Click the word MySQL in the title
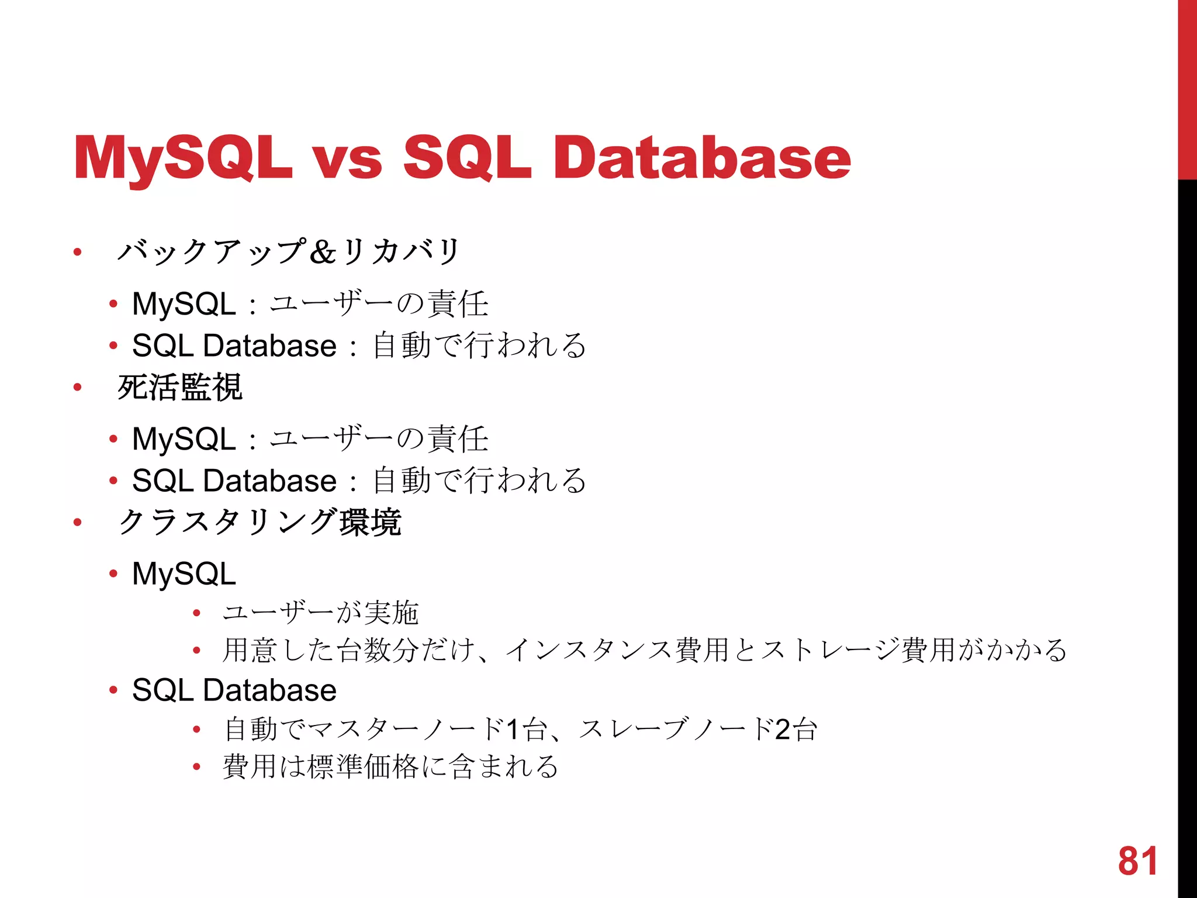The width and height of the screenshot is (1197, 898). coord(182,158)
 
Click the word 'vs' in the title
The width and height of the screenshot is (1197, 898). coord(347,159)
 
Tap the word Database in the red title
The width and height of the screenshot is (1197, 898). coord(701,158)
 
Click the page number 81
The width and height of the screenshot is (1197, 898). coord(1137,861)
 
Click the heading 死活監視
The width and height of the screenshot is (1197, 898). coord(180,387)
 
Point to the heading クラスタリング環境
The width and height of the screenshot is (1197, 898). coord(260,522)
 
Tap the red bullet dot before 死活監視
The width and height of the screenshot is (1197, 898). coord(77,387)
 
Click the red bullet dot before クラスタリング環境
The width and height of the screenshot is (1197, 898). coord(77,522)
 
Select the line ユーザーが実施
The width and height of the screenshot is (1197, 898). coord(320,613)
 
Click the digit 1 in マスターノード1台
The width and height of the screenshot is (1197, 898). coord(513,729)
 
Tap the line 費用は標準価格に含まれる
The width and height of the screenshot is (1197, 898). coord(390,766)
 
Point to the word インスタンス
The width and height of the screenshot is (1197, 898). coord(589,650)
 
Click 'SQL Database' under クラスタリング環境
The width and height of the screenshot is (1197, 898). coord(234,690)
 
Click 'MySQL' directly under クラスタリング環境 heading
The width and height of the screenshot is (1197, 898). coord(184,574)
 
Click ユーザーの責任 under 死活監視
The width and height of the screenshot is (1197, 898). coord(379,439)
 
